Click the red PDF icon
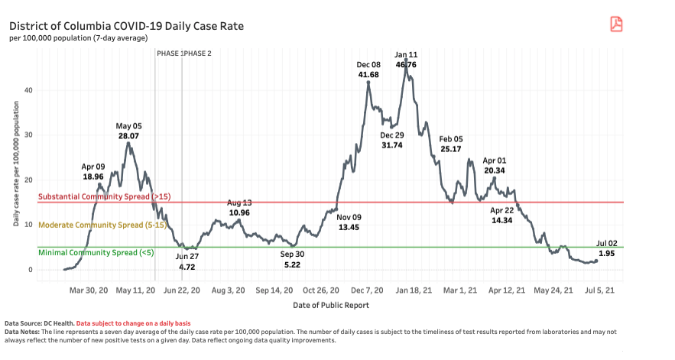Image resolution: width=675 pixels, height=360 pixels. pyautogui.click(x=616, y=24)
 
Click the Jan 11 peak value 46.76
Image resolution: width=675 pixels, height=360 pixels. pyautogui.click(x=406, y=65)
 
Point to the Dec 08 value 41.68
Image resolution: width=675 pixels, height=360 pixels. pyautogui.click(x=368, y=75)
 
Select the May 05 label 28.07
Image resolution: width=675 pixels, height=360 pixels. pyautogui.click(x=129, y=135)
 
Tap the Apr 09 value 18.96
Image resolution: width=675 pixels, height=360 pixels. pyautogui.click(x=93, y=175)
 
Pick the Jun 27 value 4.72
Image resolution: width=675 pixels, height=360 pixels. pyautogui.click(x=187, y=268)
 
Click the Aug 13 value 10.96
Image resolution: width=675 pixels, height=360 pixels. pyautogui.click(x=239, y=212)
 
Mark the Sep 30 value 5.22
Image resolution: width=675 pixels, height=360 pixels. pyautogui.click(x=292, y=264)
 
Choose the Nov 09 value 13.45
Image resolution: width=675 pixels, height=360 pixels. pyautogui.click(x=349, y=227)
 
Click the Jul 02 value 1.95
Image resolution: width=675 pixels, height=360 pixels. pyautogui.click(x=608, y=253)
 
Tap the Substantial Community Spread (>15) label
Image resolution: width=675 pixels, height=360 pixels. pyautogui.click(x=104, y=197)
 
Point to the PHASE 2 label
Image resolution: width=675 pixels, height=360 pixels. pyautogui.click(x=198, y=54)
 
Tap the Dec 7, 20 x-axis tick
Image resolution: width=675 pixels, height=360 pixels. pyautogui.click(x=368, y=290)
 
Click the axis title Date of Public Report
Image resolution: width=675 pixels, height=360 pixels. pyautogui.click(x=331, y=305)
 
